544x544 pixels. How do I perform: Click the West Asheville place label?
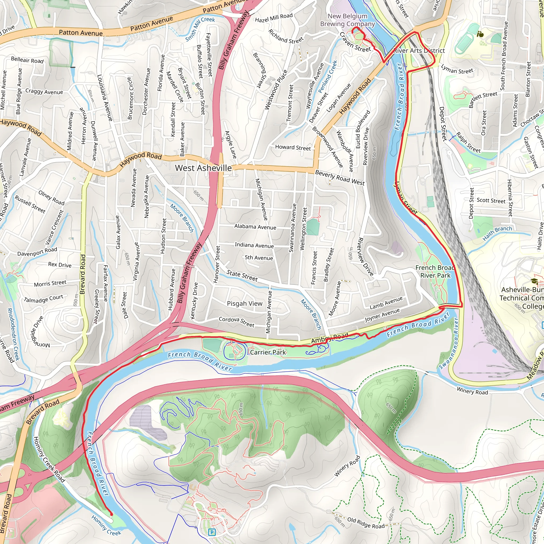(x=203, y=168)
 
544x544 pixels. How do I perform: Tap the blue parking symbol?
(x=212, y=532)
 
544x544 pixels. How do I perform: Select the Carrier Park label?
(x=268, y=352)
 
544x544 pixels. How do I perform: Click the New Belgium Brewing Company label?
(x=347, y=20)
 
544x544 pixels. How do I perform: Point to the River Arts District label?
(x=419, y=51)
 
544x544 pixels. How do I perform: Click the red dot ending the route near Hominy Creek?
(x=111, y=514)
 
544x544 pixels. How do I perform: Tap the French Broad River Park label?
(x=435, y=271)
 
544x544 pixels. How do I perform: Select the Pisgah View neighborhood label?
(x=244, y=304)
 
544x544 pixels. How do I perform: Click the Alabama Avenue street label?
(x=255, y=227)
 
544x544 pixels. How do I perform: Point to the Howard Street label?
(x=293, y=147)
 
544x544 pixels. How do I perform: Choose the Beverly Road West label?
(x=339, y=178)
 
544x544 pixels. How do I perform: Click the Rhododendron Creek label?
(x=13, y=334)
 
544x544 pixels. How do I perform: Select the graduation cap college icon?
(x=534, y=281)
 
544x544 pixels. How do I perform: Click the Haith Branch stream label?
(x=497, y=233)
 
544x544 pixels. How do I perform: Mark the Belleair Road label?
(x=27, y=60)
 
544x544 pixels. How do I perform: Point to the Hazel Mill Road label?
(x=274, y=18)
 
